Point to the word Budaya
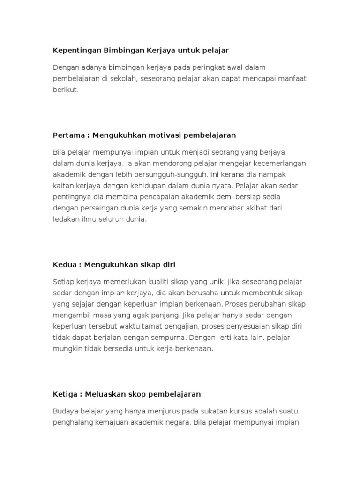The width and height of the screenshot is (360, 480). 66,412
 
